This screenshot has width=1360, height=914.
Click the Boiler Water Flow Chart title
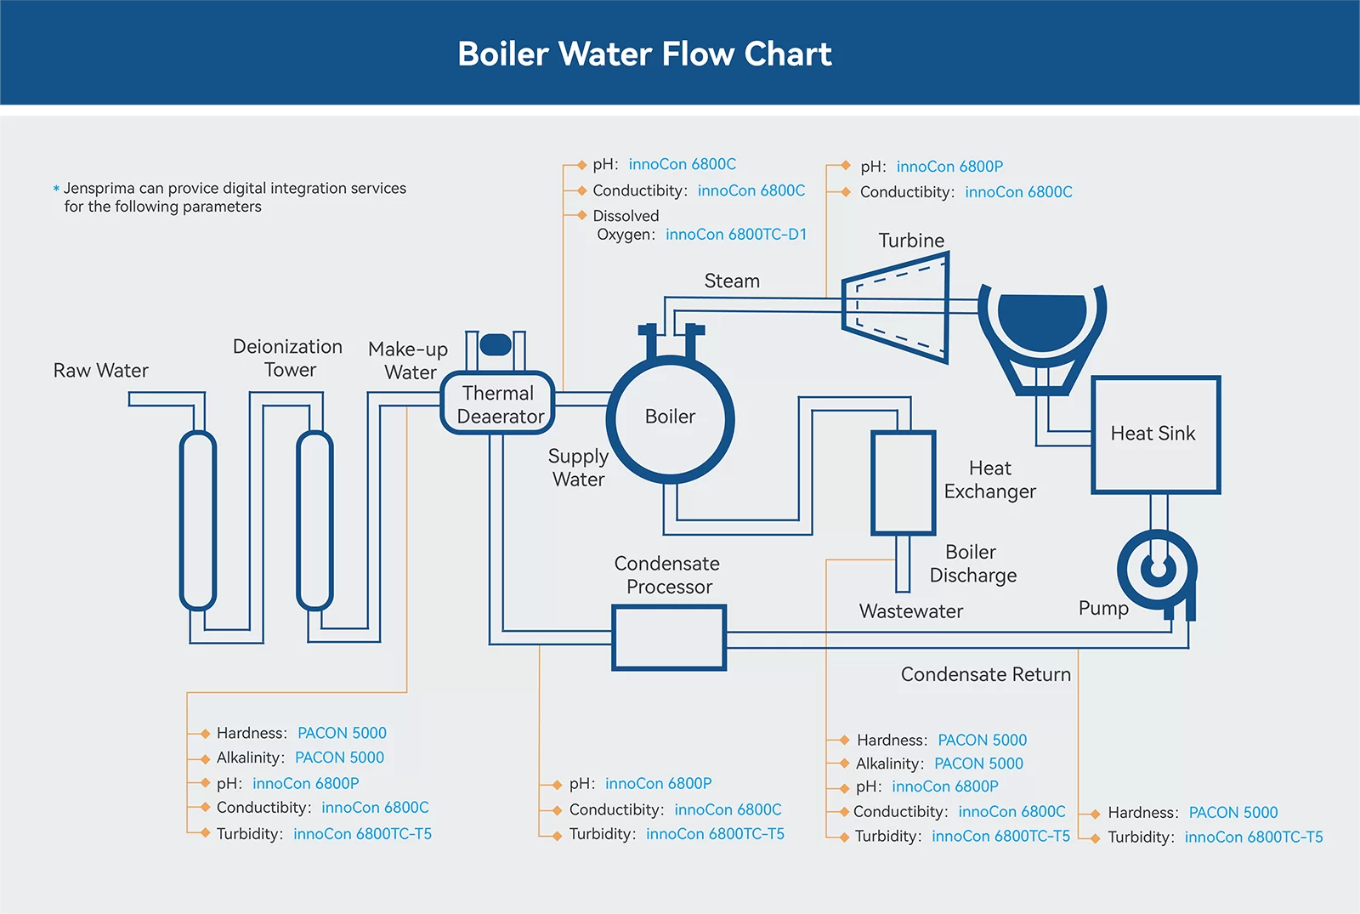coord(644,54)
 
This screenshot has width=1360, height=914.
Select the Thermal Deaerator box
coord(499,405)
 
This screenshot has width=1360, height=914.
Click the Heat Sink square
coord(1155,434)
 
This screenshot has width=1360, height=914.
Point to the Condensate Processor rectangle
coord(669,638)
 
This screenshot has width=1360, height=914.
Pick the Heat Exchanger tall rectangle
coord(903,483)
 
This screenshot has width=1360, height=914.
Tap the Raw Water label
coord(100,371)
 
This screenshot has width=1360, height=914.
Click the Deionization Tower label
coord(288,358)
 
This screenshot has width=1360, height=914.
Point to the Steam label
coord(732,281)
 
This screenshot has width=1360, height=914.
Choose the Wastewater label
coord(910,611)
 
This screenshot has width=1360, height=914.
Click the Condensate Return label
coord(985,675)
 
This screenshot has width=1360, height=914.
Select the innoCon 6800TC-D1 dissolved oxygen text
coord(736,235)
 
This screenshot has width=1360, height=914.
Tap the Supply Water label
coord(578,468)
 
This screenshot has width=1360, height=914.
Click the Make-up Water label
coord(408,360)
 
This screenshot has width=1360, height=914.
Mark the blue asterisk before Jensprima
coord(56,189)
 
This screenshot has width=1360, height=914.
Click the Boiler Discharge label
coord(972,564)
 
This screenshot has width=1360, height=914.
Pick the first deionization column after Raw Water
coord(198,520)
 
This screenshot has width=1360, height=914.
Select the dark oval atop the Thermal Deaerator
coord(496,344)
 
